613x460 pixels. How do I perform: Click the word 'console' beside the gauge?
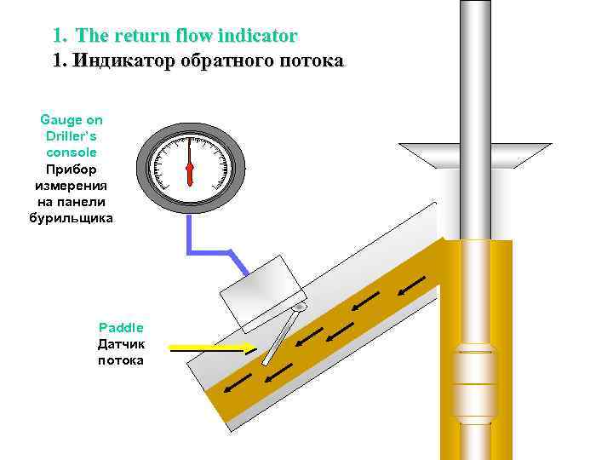[72, 152]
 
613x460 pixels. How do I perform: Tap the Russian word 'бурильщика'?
[72, 217]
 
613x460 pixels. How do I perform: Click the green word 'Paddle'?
[121, 327]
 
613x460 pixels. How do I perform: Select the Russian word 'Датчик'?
[121, 344]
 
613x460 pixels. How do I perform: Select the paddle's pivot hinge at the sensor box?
[299, 307]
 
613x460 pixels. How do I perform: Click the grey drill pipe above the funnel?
[475, 68]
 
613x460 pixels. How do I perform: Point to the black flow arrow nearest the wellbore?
[410, 287]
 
